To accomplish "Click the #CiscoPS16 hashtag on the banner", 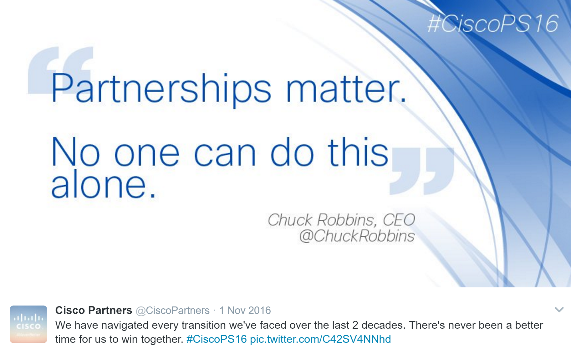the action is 493,23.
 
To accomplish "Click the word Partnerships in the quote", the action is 161,89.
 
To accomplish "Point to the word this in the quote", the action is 358,152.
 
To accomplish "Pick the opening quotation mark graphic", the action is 60,70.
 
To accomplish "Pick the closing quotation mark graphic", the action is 422,171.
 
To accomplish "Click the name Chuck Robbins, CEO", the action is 341,220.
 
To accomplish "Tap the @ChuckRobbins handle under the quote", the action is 357,236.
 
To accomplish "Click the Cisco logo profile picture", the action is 28,324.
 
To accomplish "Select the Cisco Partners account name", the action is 94,310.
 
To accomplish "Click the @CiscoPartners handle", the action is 173,311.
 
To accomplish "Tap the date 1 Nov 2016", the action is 245,311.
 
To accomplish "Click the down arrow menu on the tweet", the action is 559,310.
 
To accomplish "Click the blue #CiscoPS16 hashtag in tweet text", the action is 217,339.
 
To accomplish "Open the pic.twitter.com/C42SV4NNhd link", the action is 320,339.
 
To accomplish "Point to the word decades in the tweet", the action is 382,325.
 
